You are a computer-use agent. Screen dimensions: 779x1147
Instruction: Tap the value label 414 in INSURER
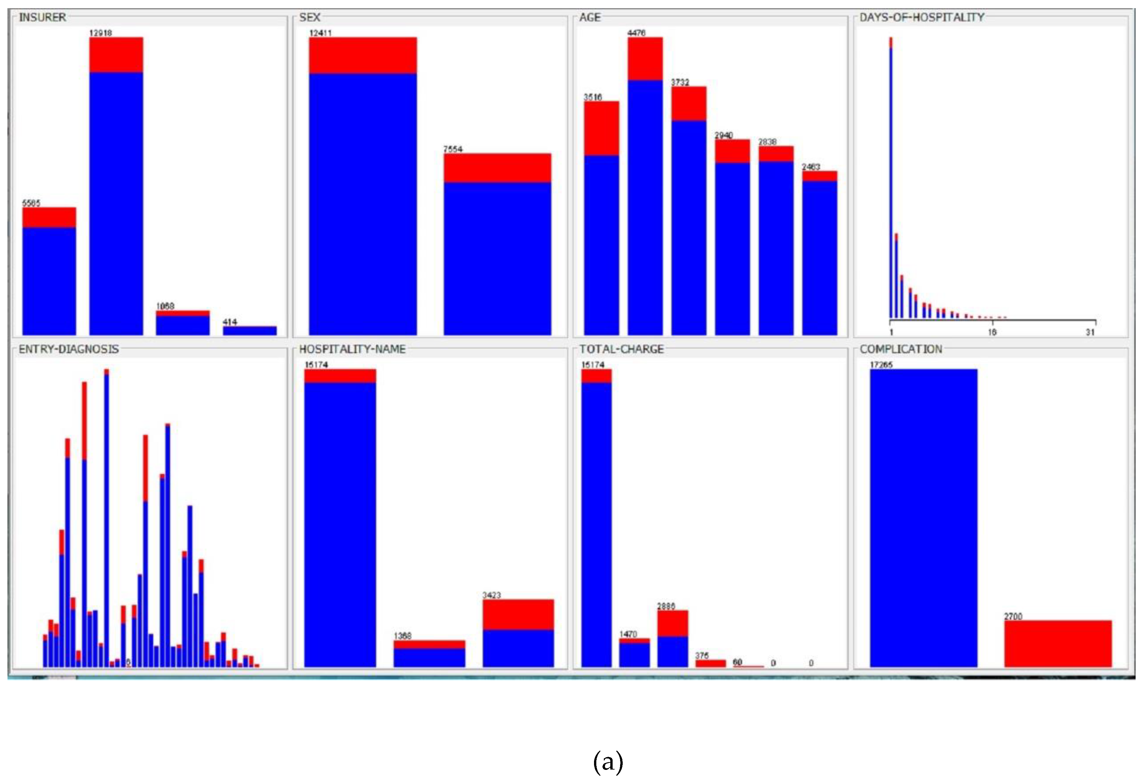[x=230, y=322]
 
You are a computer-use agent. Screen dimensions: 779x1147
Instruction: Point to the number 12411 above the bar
[x=320, y=33]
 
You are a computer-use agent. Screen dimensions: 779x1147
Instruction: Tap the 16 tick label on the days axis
[x=992, y=332]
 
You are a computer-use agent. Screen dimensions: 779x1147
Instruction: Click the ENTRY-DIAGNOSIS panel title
[x=69, y=349]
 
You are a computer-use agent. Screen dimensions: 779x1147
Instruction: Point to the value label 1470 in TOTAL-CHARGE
[x=628, y=634]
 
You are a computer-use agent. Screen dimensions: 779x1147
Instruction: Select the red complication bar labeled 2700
[x=1058, y=644]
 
